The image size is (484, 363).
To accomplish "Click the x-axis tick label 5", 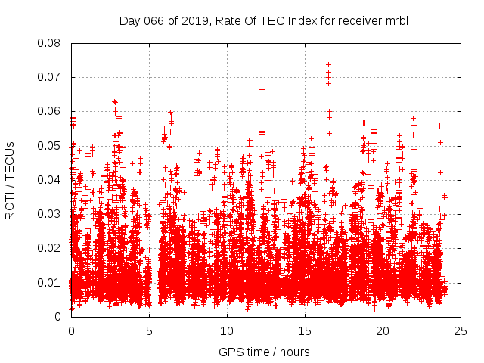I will [x=149, y=331].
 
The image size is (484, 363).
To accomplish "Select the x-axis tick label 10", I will [x=227, y=331].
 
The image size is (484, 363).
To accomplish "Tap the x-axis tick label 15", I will [x=305, y=331].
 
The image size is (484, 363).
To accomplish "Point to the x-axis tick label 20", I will [x=383, y=331].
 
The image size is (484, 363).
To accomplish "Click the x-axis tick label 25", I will [x=461, y=331].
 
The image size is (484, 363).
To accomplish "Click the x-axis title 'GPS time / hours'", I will [x=264, y=352].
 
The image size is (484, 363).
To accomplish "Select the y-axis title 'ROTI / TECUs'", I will [x=11, y=180].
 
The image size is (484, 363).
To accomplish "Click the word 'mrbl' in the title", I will [x=397, y=20].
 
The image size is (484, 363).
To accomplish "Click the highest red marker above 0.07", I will [x=328, y=65].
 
